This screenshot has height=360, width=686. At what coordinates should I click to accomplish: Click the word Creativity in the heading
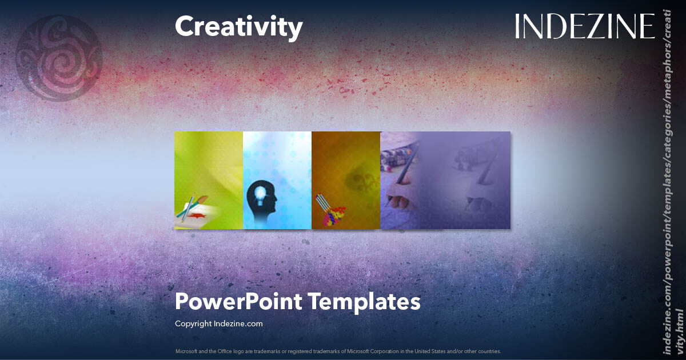pyautogui.click(x=238, y=27)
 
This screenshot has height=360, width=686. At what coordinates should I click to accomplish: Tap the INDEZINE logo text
pyautogui.click(x=584, y=26)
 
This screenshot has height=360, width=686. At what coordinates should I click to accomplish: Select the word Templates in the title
pyautogui.click(x=364, y=301)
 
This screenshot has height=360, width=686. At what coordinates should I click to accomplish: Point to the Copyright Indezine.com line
pyautogui.click(x=218, y=323)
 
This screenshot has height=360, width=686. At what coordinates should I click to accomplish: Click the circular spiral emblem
pyautogui.click(x=59, y=58)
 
